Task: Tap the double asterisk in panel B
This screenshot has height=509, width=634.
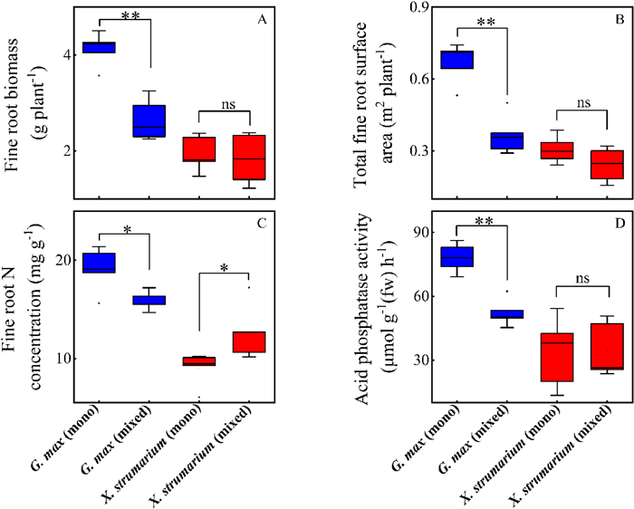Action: coord(479,21)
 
